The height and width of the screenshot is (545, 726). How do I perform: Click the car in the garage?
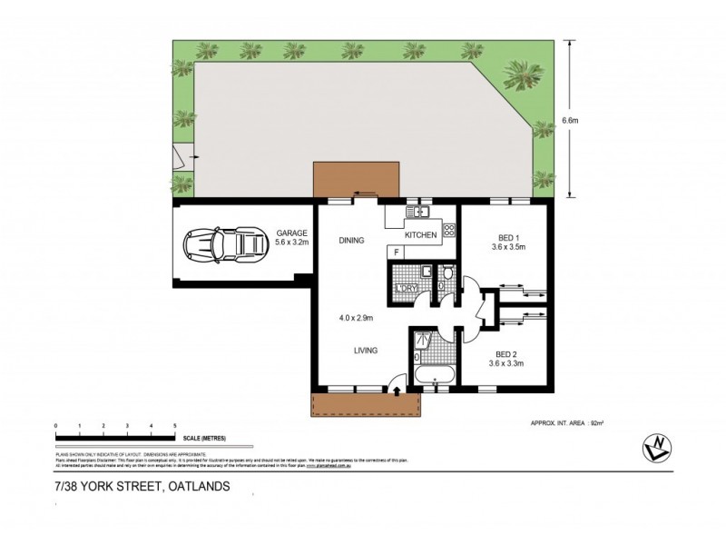pos(220,243)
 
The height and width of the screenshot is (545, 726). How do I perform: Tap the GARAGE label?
pos(292,233)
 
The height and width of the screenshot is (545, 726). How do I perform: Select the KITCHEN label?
pos(421,235)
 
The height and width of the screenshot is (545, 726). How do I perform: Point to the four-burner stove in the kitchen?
pos(447,231)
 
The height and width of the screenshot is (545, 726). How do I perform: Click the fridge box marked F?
pos(396,252)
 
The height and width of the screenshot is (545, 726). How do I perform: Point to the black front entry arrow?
pos(397,391)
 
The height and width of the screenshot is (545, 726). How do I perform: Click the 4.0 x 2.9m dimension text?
pos(354,317)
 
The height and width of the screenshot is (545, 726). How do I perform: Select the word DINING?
pos(351,241)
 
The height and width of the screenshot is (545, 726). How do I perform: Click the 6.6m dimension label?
pos(571,119)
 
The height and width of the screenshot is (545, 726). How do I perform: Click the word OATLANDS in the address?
pos(199,486)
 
